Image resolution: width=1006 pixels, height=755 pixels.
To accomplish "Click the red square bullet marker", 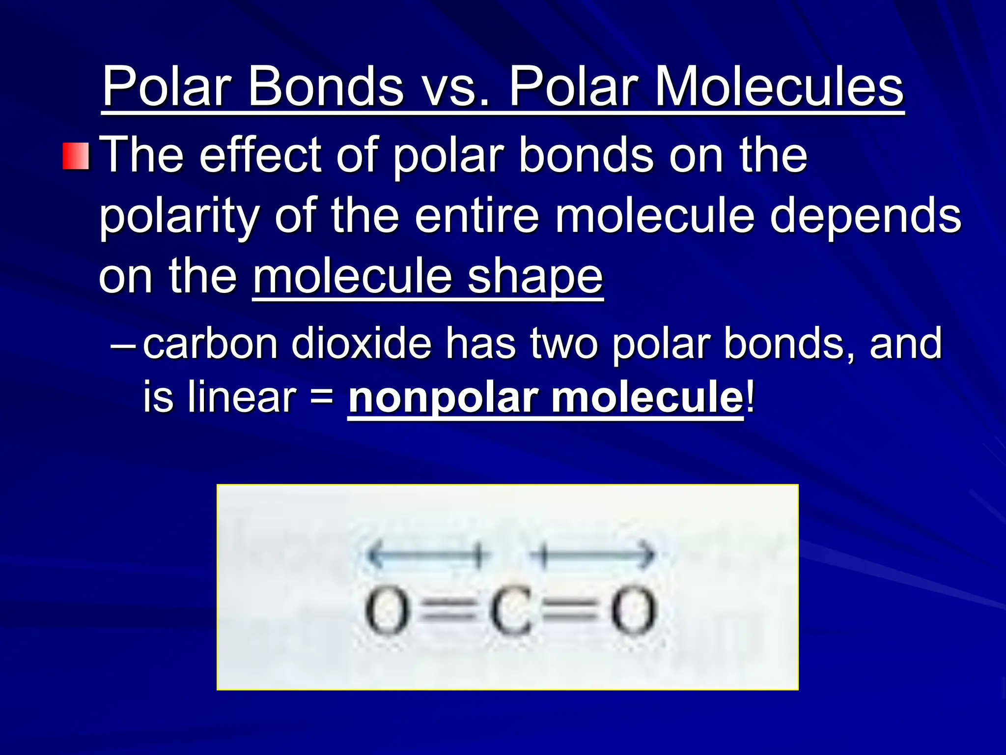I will click(x=76, y=156).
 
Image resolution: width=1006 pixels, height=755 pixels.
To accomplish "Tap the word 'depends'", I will click(x=865, y=216).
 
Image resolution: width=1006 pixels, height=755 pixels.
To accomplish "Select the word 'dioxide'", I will click(x=361, y=344).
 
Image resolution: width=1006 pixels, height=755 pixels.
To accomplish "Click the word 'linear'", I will click(x=241, y=397).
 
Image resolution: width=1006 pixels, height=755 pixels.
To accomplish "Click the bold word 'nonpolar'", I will click(x=442, y=398).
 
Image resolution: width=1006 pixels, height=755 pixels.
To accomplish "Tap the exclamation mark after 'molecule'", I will click(x=749, y=397).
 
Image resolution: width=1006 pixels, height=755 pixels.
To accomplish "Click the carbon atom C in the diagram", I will click(x=510, y=612).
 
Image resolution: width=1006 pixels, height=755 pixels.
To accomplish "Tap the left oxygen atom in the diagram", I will click(x=387, y=612).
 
